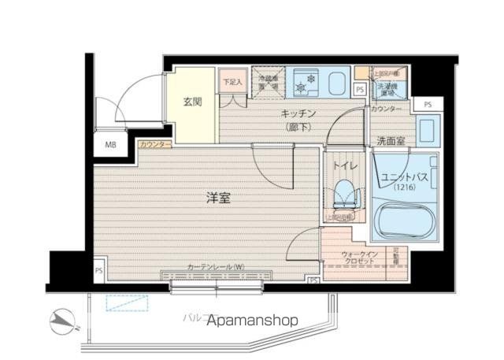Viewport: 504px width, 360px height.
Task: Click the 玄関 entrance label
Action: [192, 102]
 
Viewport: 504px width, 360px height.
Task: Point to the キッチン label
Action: [298, 113]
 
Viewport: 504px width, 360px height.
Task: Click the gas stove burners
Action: [304, 82]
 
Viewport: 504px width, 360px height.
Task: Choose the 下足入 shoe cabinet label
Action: [232, 81]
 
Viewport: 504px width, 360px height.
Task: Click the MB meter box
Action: [110, 145]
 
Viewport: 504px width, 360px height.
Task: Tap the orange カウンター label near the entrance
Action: [154, 145]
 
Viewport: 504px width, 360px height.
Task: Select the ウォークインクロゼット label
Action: [361, 258]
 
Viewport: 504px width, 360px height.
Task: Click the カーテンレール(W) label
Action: [216, 267]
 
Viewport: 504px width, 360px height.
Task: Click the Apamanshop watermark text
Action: [253, 321]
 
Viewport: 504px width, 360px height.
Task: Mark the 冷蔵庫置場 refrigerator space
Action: [267, 81]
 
